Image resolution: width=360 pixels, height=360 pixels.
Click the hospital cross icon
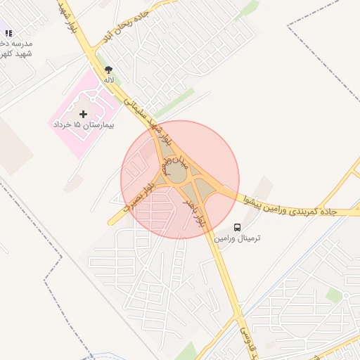coord(84,113)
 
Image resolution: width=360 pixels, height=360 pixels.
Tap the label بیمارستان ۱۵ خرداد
coord(84,124)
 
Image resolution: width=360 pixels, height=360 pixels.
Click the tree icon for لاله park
coord(108,70)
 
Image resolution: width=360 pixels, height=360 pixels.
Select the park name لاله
coord(108,80)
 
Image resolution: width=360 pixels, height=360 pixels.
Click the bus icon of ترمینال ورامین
coord(237,227)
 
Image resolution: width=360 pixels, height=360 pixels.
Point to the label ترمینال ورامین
coord(237,238)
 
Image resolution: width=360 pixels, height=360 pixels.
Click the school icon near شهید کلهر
coord(8,33)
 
